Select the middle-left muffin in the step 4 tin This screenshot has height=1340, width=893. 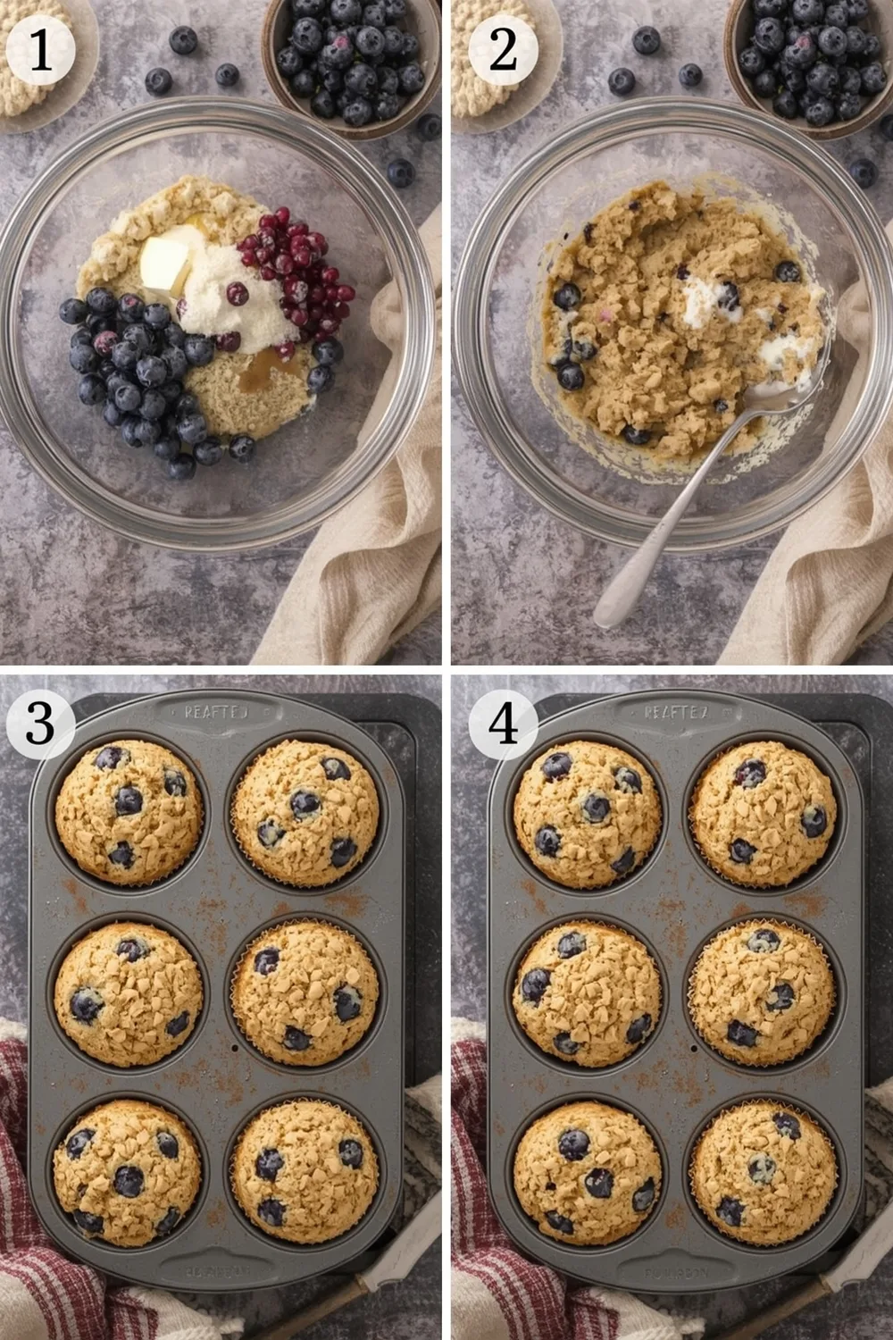click(587, 992)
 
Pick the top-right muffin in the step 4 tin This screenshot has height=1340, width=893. click(764, 813)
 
